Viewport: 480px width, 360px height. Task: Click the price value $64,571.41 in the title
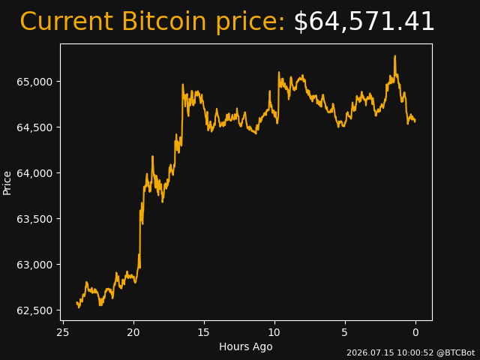(364, 22)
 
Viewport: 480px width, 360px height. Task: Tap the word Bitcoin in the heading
(164, 22)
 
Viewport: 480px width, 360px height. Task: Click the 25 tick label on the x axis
(63, 332)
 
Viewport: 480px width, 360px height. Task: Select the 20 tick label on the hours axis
(133, 332)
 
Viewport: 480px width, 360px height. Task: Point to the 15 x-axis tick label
(204, 332)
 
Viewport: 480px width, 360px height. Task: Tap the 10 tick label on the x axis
(274, 332)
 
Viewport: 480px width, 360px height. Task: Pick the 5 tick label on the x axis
(345, 332)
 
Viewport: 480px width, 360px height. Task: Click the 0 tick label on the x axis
(415, 332)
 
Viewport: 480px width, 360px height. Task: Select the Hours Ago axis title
(246, 346)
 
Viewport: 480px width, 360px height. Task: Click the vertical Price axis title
(7, 183)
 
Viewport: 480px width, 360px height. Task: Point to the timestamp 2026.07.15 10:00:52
(390, 352)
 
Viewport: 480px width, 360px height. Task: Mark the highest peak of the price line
(395, 56)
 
